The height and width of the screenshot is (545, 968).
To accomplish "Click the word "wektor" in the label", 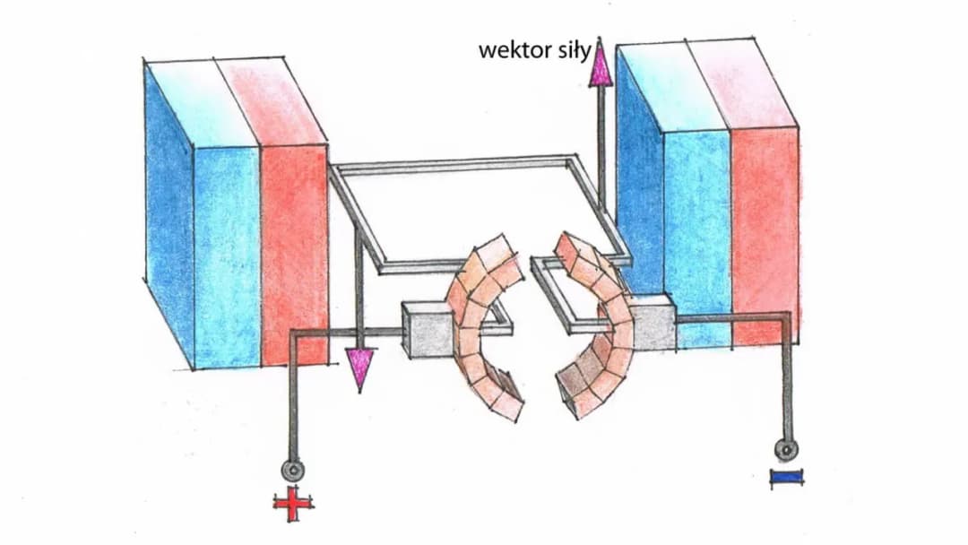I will [x=510, y=50].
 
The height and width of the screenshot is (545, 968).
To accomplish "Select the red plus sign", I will [x=294, y=506].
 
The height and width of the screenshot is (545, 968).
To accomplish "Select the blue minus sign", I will [x=785, y=479].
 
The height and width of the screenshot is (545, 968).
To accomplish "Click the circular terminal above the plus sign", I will [x=293, y=469].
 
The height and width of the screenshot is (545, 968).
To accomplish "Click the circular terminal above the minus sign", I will [x=786, y=449].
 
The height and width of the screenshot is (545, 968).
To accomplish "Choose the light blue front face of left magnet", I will [x=227, y=255].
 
